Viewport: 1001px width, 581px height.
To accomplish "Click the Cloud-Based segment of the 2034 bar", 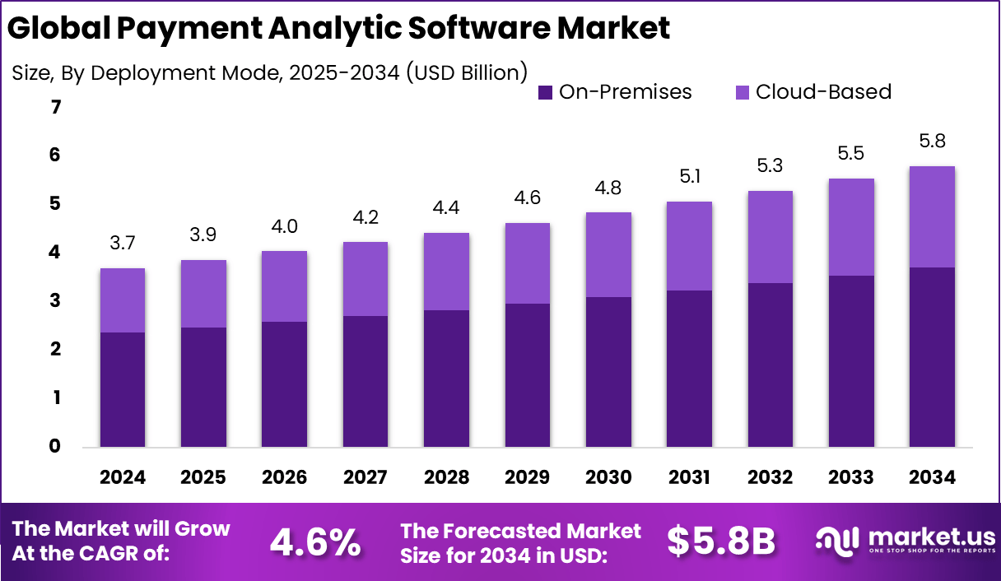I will point(932,216).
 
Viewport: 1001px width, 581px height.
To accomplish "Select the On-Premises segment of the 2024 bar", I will point(123,389).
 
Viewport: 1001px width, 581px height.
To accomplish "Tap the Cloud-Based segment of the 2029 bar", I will point(527,263).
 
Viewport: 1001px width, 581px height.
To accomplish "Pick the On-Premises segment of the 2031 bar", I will point(689,368).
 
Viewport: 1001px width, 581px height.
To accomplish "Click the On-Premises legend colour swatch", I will point(545,92).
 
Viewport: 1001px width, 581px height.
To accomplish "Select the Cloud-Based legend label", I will point(823,92).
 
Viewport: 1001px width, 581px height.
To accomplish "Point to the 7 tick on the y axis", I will point(55,107).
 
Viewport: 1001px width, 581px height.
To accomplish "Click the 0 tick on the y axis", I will point(55,447).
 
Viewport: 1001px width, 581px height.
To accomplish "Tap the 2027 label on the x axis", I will point(365,478).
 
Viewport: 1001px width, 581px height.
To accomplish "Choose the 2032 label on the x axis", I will point(770,478).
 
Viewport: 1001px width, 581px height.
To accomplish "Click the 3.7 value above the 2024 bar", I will point(123,244).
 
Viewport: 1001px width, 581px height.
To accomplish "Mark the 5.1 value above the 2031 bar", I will point(689,177).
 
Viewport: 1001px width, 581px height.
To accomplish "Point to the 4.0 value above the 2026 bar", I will point(285,226).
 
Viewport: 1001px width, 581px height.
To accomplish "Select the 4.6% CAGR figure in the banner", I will point(315,542).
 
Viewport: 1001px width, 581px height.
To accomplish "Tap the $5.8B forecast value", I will point(721,541).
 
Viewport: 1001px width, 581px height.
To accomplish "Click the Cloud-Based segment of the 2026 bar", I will point(285,286).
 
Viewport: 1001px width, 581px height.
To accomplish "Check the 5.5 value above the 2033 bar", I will point(851,154).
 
